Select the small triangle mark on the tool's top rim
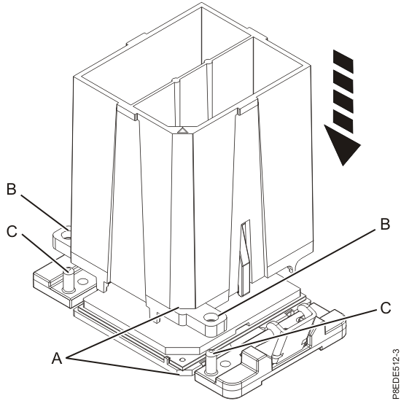[x=182, y=132]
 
